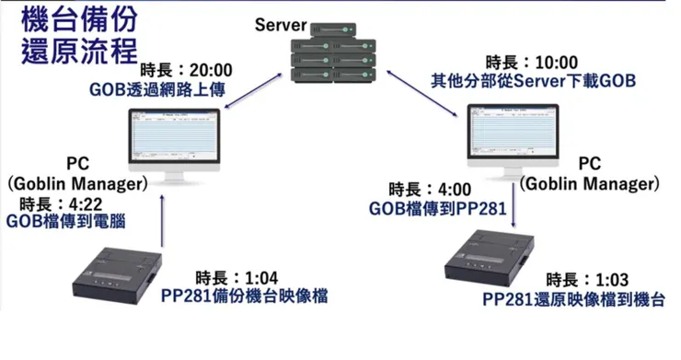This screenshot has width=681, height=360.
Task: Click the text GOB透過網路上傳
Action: pos(158,89)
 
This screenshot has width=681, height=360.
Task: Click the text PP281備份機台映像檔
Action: pos(244,296)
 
